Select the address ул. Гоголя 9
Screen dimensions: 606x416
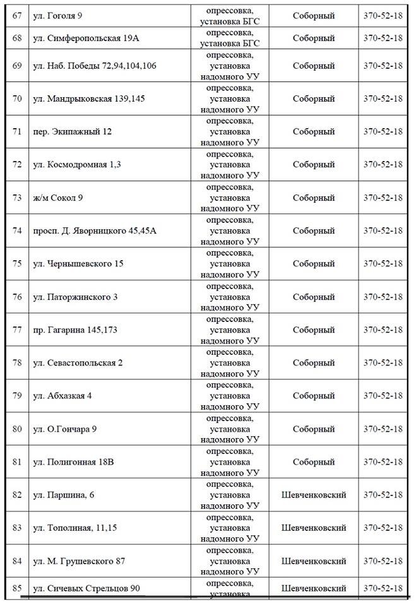tap(62, 16)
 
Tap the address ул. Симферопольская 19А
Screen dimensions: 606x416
tap(85, 39)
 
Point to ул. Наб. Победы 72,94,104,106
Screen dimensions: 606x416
tap(94, 66)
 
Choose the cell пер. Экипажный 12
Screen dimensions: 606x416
tap(72, 131)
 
